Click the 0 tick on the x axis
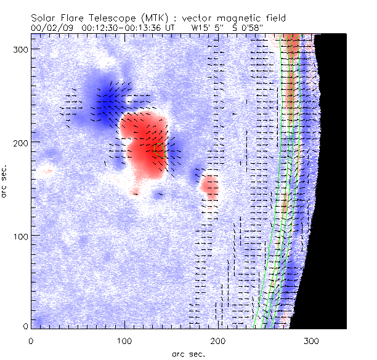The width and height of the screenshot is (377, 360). click(x=30, y=340)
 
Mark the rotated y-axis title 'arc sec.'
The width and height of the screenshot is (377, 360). click(x=5, y=181)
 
